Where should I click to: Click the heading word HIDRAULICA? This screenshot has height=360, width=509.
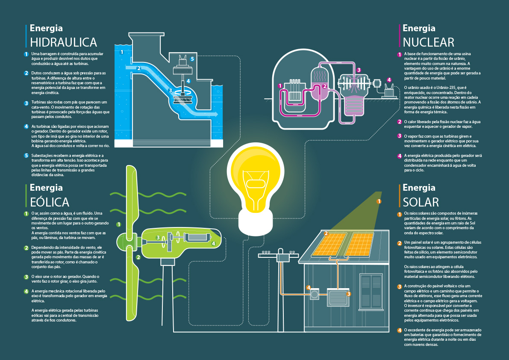(x=64, y=42)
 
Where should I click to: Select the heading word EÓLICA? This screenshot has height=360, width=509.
(x=50, y=201)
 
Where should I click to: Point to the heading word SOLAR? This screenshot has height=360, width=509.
(x=421, y=202)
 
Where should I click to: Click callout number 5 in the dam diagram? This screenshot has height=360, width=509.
(x=192, y=59)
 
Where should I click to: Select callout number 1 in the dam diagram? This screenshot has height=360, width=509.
(x=122, y=52)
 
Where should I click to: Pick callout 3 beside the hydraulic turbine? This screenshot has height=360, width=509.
(x=170, y=91)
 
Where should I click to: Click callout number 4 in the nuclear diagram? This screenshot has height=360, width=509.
(x=389, y=80)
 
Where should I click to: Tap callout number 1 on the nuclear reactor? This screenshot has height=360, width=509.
(x=280, y=86)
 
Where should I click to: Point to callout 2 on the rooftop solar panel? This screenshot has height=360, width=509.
(x=326, y=233)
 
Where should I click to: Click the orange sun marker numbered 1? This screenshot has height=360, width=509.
(x=379, y=201)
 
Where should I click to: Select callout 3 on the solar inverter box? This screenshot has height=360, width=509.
(x=349, y=294)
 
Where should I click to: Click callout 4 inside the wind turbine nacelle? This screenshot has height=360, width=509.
(x=213, y=243)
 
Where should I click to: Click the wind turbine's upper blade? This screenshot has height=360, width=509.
(x=131, y=197)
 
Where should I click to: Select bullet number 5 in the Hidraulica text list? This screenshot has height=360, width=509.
(x=26, y=155)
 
